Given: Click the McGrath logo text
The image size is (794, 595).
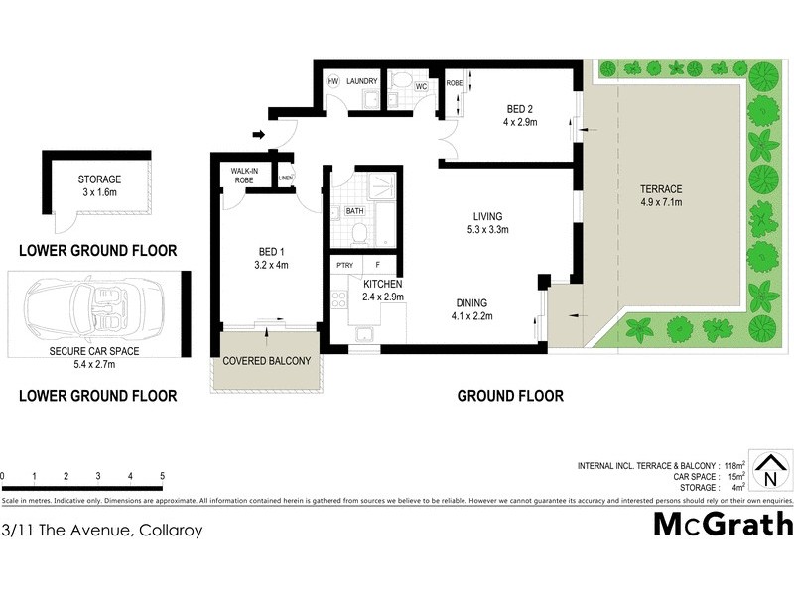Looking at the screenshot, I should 723,524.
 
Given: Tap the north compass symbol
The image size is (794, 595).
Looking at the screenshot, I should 770,469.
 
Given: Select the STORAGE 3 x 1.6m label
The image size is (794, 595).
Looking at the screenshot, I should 99,186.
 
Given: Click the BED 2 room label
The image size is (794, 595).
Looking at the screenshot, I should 519,115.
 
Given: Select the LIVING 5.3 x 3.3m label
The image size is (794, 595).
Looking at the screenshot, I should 486,223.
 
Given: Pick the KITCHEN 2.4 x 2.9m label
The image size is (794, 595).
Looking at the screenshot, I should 381,290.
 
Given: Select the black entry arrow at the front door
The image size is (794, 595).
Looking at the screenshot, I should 260,135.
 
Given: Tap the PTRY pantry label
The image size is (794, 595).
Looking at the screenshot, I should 344,265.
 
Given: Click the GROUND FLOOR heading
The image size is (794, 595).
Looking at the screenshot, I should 509,396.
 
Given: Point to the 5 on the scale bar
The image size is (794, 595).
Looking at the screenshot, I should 162,477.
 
